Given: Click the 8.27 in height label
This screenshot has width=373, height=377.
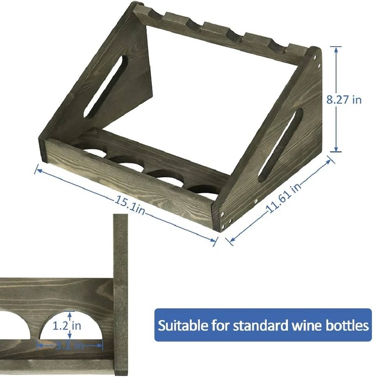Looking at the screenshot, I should tap(344, 99).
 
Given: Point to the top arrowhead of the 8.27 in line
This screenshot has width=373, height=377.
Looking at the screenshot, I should tap(336, 48).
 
